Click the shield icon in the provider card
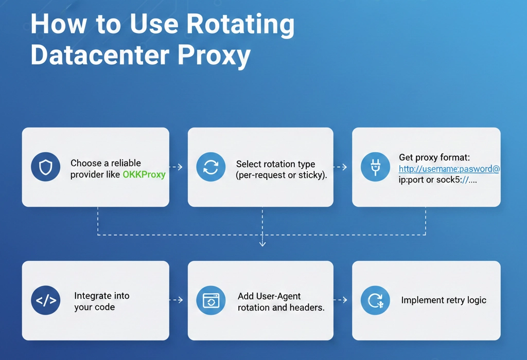46,167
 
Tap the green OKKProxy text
144,174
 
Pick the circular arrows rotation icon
211,167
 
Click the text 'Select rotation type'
275,164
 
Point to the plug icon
375,167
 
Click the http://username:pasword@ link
449,168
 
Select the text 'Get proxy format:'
434,157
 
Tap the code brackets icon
46,300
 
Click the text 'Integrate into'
101,296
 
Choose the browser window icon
211,300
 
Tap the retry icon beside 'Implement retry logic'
375,300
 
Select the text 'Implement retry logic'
443,300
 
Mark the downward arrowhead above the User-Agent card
262,243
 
